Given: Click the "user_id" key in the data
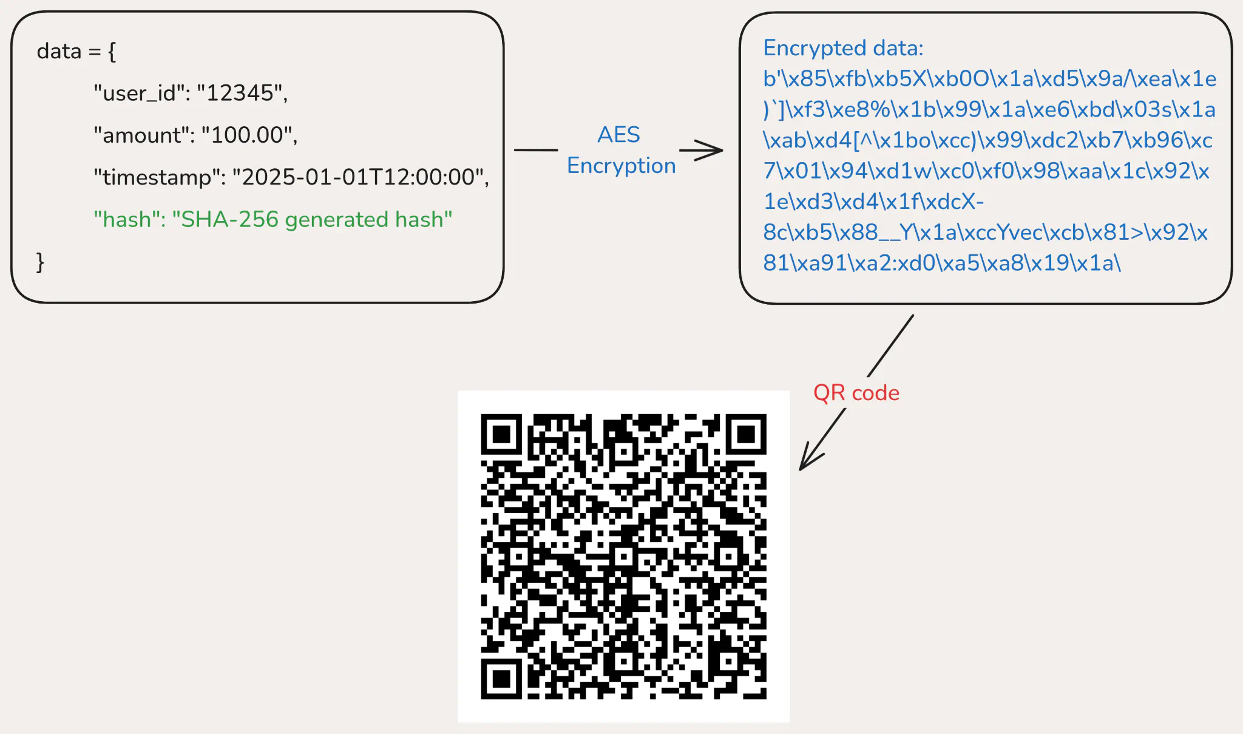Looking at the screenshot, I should point(139,93).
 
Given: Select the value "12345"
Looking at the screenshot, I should point(240,93).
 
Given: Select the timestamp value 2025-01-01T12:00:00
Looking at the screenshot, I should point(358,177).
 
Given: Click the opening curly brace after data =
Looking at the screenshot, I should point(112,52).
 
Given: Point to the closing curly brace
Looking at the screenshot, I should point(40,262).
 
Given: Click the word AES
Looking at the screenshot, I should point(618,135).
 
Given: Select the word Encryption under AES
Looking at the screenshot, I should point(621,166).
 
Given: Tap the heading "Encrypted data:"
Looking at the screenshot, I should point(843,48).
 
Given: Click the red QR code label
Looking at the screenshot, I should point(856,393).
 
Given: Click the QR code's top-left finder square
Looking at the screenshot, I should point(501,435).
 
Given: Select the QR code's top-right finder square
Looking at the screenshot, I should point(746,435).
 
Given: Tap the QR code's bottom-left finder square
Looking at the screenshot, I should point(501,679).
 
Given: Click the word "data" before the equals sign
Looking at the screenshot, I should point(59,52).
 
